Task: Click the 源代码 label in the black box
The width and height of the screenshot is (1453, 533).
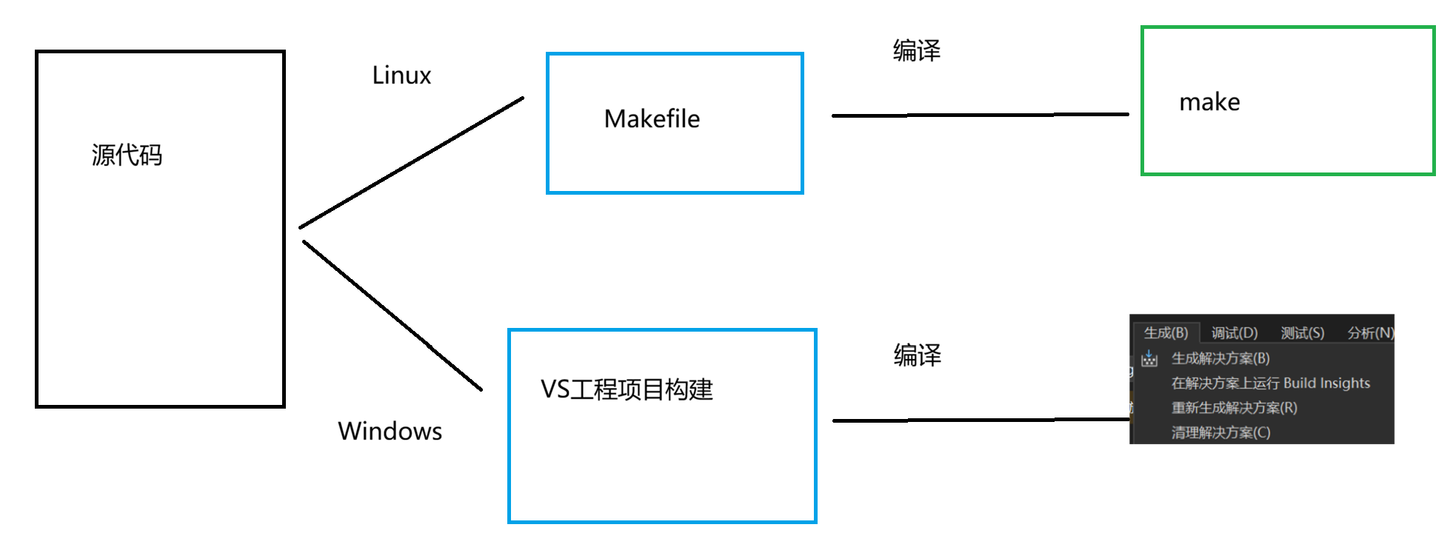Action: [127, 155]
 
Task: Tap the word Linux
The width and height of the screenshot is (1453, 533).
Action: [401, 76]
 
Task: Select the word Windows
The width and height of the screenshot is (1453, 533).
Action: [390, 431]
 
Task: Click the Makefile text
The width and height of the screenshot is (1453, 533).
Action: [652, 118]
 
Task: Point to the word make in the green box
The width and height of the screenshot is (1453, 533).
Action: [1209, 102]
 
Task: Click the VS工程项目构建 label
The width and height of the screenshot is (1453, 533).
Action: [627, 389]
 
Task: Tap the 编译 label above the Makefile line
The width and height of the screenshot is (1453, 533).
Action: [916, 50]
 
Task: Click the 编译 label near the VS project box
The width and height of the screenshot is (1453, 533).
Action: [917, 355]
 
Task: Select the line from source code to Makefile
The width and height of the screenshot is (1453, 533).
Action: [411, 163]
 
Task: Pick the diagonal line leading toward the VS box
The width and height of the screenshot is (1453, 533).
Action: [393, 315]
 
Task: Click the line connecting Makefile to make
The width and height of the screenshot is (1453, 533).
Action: [980, 115]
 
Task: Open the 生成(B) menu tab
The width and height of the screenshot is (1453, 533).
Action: [1166, 333]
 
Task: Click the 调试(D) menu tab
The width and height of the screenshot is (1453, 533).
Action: [1235, 333]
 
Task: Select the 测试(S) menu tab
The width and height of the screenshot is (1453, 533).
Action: [1303, 333]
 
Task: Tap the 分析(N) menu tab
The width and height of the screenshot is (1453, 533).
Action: [1370, 333]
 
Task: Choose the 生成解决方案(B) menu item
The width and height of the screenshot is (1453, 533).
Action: [1220, 358]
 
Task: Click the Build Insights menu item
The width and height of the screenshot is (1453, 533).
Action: [1271, 383]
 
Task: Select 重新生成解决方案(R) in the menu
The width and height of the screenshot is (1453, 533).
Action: [1235, 408]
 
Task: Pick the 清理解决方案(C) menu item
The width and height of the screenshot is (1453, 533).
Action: [1220, 432]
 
